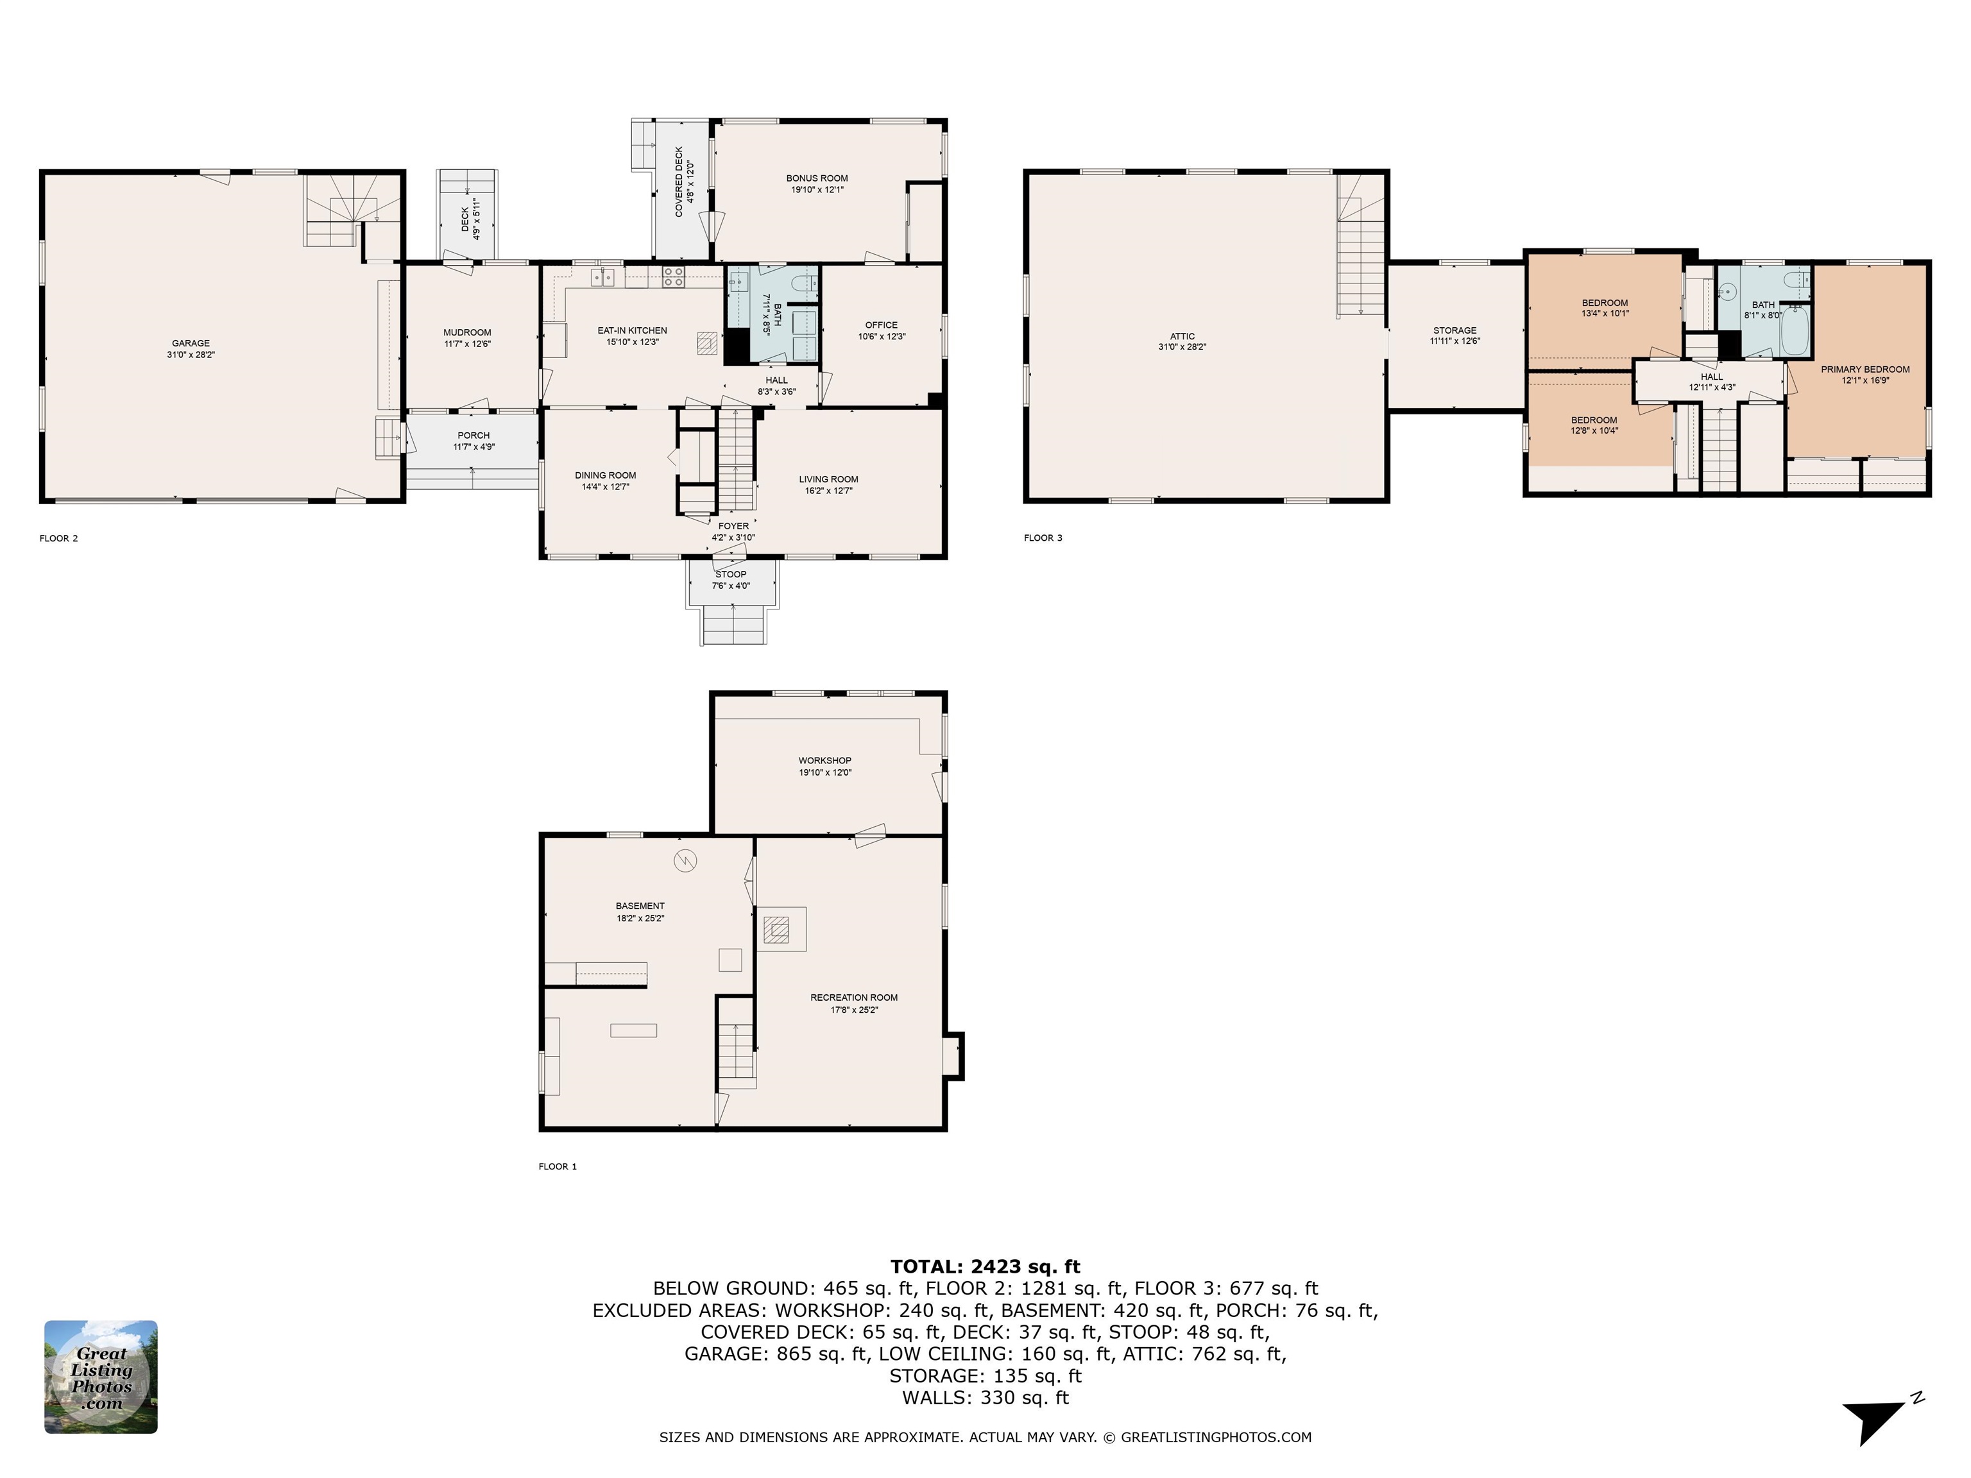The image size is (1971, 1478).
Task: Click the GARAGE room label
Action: point(191,343)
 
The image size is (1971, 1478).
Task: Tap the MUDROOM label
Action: point(467,332)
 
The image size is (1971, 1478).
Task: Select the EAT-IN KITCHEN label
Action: point(632,330)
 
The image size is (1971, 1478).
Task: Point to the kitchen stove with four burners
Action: point(674,276)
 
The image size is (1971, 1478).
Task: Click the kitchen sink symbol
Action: point(603,276)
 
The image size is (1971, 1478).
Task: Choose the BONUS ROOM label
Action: point(817,178)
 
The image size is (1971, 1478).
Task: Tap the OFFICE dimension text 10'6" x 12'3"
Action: point(882,337)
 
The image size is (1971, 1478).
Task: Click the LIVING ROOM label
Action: point(829,479)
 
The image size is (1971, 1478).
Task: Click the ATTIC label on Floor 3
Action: point(1182,337)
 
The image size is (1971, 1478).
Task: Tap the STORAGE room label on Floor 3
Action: point(1455,330)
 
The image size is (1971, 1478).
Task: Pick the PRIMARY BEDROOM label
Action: point(1865,369)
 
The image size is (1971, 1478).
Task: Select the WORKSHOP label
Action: point(825,761)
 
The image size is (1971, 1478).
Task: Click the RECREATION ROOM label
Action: point(853,998)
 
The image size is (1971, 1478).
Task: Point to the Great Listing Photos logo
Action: point(101,1377)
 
